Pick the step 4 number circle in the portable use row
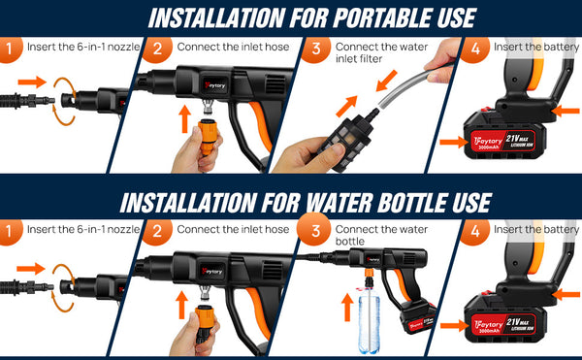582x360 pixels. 473,49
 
